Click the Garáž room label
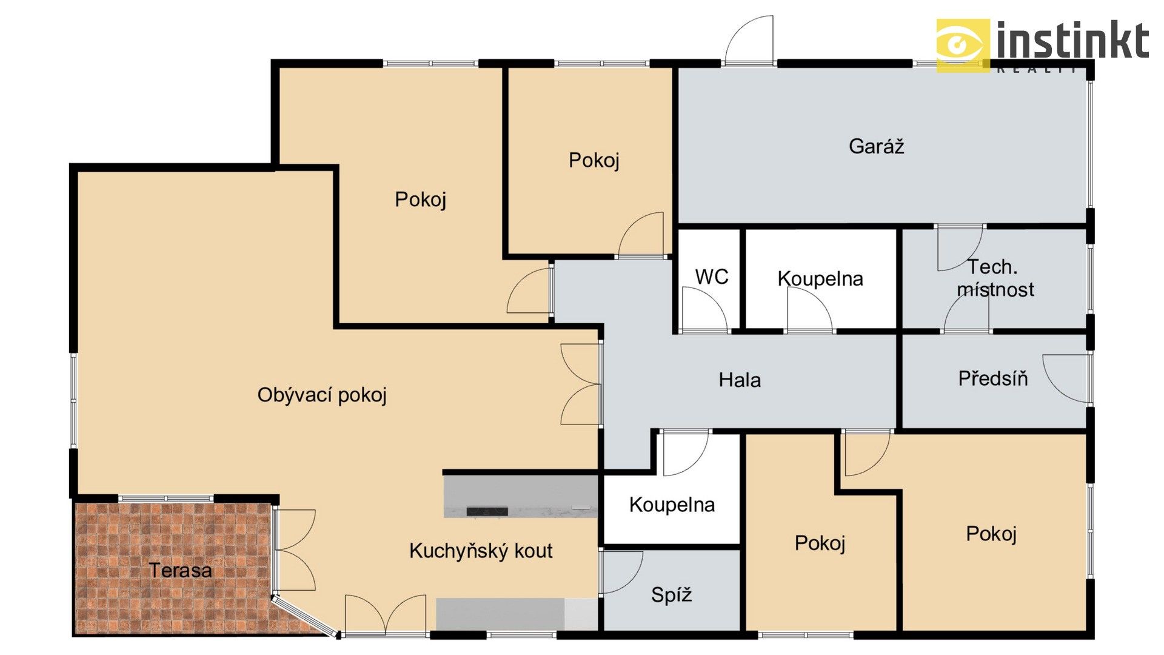(876, 146)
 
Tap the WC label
(711, 277)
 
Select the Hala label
(739, 380)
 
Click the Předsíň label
(992, 378)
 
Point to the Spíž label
(671, 594)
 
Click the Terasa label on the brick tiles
(180, 570)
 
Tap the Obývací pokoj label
(322, 395)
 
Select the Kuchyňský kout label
(481, 551)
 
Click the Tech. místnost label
(994, 278)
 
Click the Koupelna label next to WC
(820, 278)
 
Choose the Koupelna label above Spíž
(672, 505)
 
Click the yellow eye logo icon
(962, 45)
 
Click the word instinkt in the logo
(1072, 41)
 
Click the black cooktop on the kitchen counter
(487, 511)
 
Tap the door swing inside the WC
(703, 309)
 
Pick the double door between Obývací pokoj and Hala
(581, 384)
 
